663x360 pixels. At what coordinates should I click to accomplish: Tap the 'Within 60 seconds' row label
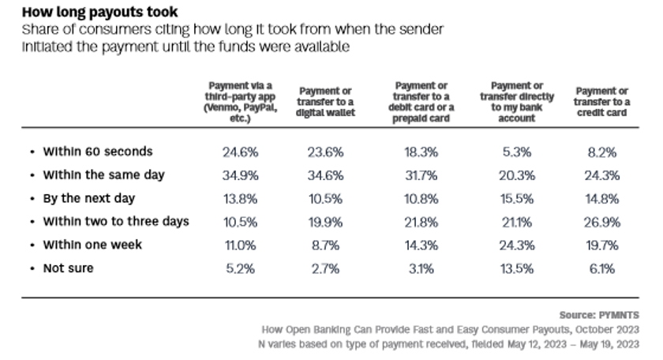coord(97,152)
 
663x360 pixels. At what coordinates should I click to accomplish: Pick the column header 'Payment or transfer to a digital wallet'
coord(325,102)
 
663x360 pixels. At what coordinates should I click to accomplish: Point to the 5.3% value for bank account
coord(517,152)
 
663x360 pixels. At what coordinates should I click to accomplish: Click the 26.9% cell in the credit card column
coord(601,222)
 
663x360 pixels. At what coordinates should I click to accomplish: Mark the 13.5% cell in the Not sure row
coord(517,268)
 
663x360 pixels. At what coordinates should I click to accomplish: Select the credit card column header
coord(601,102)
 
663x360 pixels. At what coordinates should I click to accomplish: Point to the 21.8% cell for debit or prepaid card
coord(422,222)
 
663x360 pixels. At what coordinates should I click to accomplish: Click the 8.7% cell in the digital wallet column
coord(325,246)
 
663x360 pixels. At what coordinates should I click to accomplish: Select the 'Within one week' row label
coord(92,246)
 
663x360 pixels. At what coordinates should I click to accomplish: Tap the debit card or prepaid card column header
coord(422,102)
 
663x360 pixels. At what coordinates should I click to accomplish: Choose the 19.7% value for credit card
coord(601,246)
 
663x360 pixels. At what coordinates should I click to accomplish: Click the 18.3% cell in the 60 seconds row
coord(422,152)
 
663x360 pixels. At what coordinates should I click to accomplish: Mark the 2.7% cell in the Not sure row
coord(325,268)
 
